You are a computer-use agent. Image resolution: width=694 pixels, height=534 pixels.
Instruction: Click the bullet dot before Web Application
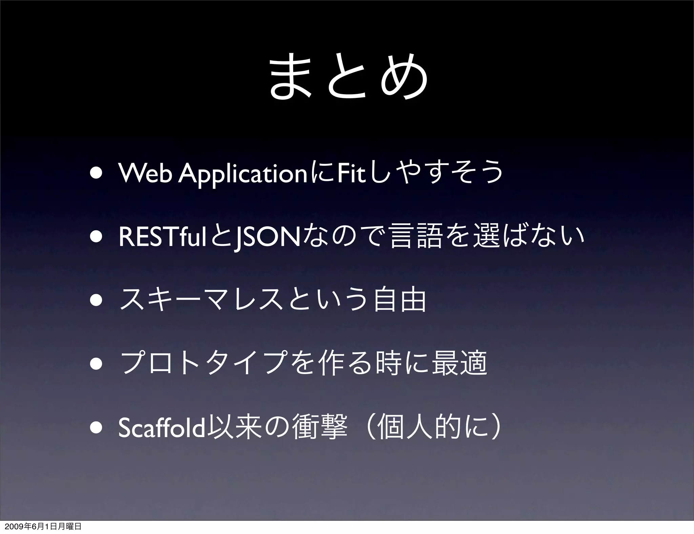(96, 173)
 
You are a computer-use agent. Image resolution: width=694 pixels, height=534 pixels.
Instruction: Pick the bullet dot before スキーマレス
(96, 301)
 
